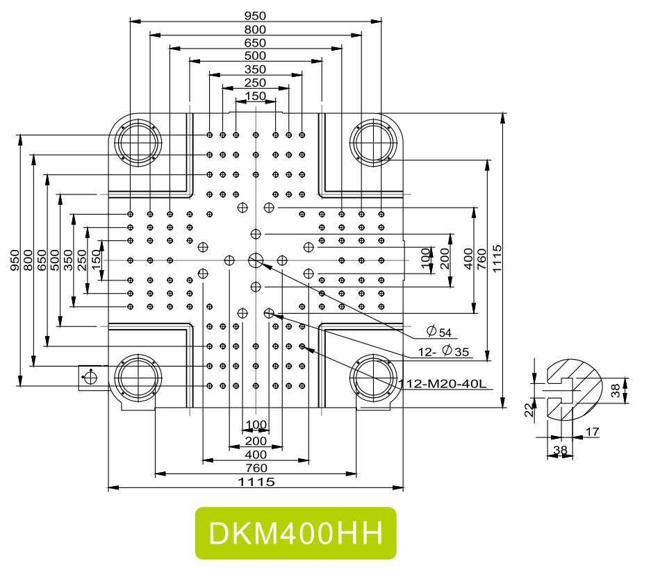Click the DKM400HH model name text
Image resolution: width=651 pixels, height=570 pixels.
tap(295, 533)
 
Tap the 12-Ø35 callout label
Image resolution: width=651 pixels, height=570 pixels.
tap(445, 352)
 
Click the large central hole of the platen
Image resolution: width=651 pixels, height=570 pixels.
tap(256, 260)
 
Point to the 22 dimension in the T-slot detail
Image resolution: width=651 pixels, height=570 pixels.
tap(529, 410)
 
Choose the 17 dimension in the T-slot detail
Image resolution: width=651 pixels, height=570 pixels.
tap(592, 432)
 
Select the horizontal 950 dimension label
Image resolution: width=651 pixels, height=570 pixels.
tap(255, 16)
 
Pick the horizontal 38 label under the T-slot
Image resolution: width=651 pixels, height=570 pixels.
tap(560, 450)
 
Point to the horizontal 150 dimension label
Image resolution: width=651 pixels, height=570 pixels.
tap(255, 96)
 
